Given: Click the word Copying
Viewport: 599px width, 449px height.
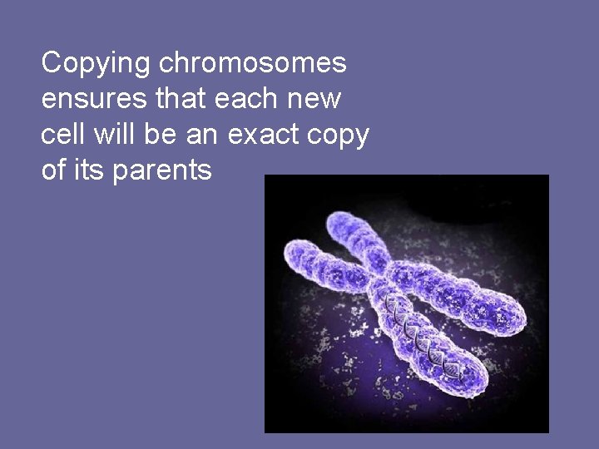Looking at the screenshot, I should (x=97, y=63).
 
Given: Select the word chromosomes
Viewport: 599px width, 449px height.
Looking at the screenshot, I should (x=254, y=62).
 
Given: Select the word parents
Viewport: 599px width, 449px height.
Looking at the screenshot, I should (x=162, y=171).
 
